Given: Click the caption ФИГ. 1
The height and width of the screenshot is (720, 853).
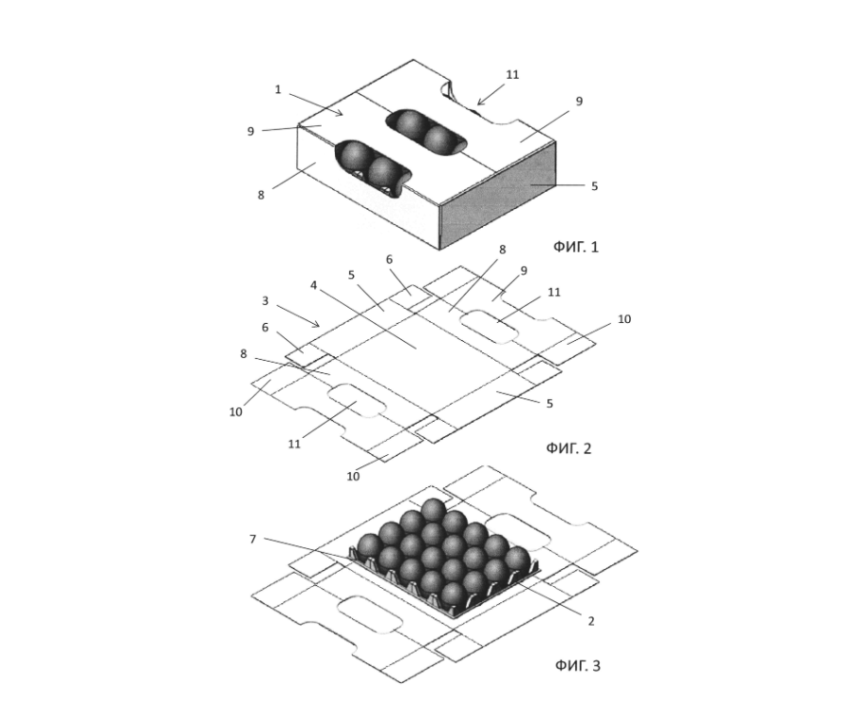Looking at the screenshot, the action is pyautogui.click(x=576, y=247).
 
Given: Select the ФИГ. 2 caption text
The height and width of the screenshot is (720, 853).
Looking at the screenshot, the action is pyautogui.click(x=568, y=448).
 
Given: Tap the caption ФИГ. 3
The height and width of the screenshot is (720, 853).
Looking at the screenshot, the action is pyautogui.click(x=578, y=666).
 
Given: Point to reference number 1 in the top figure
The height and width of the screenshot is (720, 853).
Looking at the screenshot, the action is pyautogui.click(x=278, y=89).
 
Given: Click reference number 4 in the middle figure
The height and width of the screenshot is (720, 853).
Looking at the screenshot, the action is pyautogui.click(x=313, y=285).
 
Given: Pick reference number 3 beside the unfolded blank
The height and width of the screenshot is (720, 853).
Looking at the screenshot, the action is pyautogui.click(x=265, y=301).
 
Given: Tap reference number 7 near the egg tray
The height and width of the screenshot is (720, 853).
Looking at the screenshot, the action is pyautogui.click(x=252, y=540).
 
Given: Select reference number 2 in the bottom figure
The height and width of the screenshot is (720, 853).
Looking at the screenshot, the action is pyautogui.click(x=591, y=621).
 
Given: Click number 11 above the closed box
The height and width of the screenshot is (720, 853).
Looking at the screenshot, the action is pyautogui.click(x=512, y=75).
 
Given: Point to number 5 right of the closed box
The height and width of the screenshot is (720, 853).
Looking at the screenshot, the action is pyautogui.click(x=595, y=186).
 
